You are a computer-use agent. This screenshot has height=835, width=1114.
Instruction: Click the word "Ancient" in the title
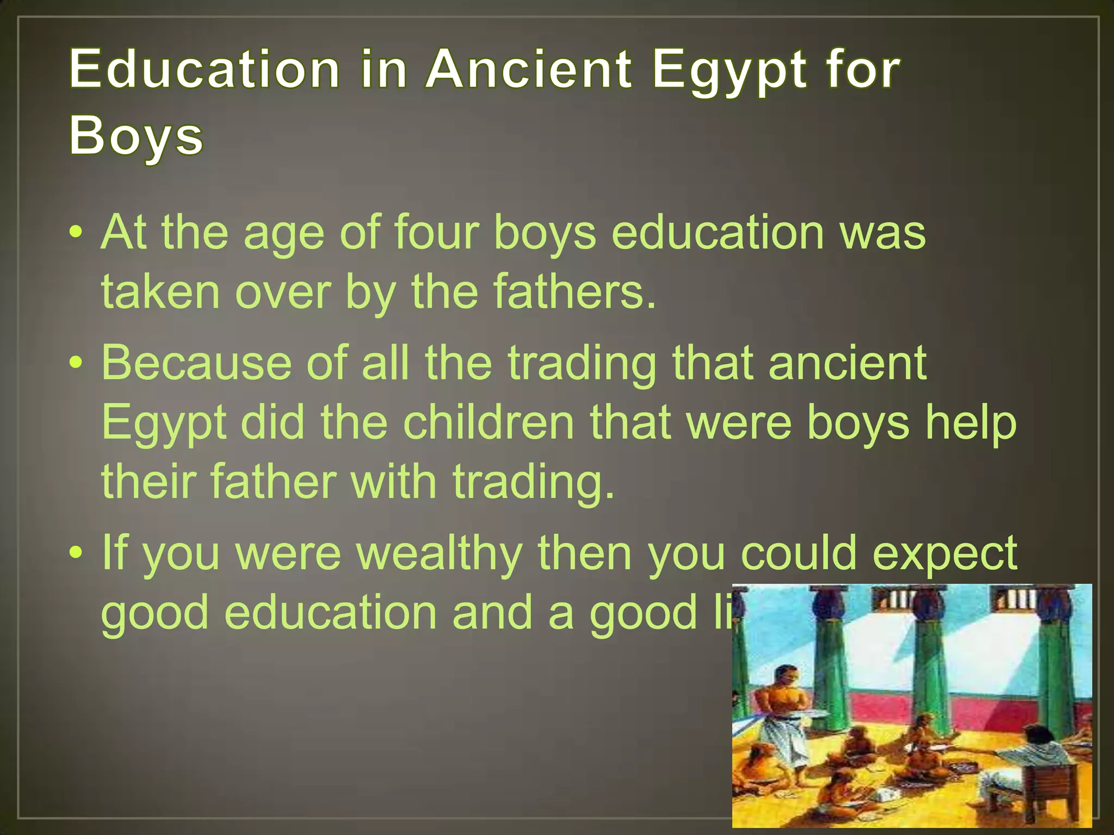(529, 69)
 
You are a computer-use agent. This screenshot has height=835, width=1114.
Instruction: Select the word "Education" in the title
(205, 69)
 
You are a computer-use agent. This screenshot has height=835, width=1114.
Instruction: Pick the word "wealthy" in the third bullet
(439, 553)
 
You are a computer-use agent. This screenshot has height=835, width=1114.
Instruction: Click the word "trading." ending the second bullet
(534, 482)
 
